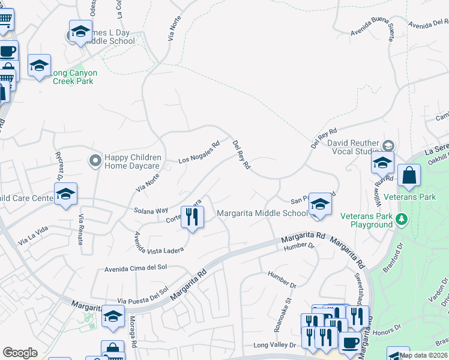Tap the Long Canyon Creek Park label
click(x=73, y=77)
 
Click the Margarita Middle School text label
click(x=262, y=213)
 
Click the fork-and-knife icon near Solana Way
click(x=191, y=217)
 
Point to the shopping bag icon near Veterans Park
click(x=409, y=176)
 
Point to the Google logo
click(x=20, y=353)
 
